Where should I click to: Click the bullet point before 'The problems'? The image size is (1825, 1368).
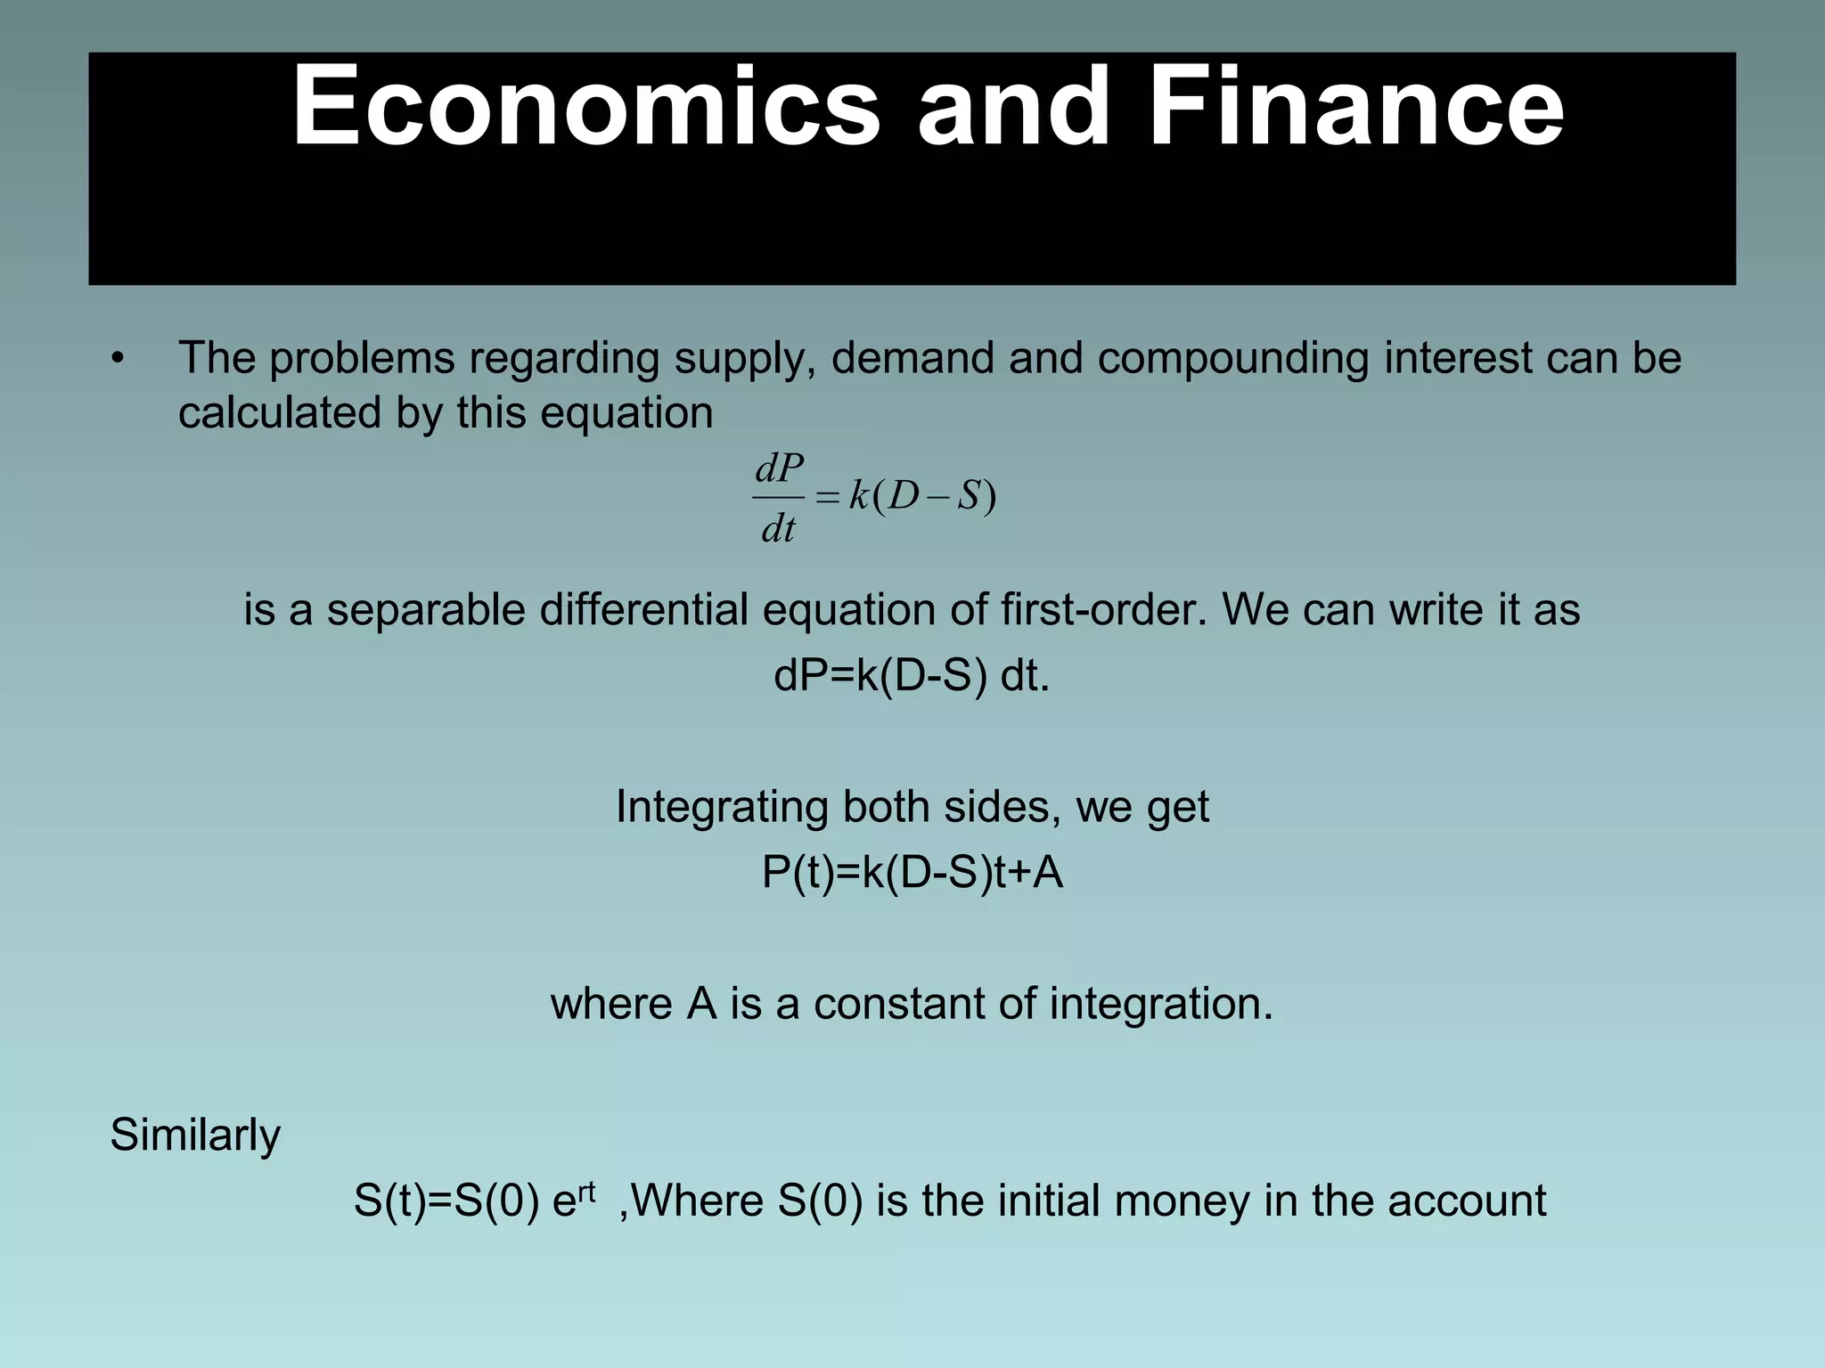[118, 359]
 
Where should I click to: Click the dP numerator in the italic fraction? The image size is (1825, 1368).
[779, 468]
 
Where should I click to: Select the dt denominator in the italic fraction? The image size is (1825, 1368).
[778, 530]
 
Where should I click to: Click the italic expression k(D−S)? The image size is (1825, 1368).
[922, 497]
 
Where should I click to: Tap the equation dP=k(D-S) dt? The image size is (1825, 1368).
[912, 676]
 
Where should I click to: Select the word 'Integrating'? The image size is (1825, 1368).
[722, 807]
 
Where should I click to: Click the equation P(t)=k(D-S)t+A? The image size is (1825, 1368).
[912, 873]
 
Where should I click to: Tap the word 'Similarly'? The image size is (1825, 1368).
[195, 1136]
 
